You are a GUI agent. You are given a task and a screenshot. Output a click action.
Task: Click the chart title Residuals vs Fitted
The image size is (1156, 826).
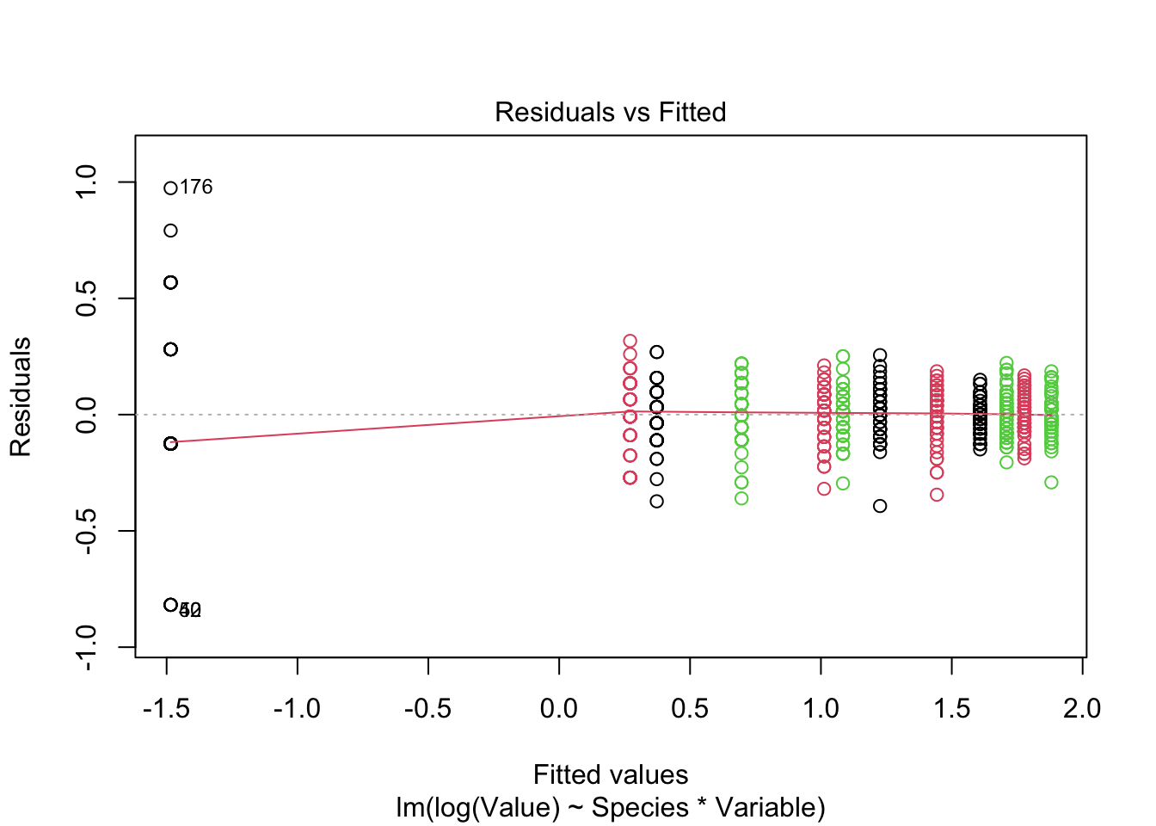610,112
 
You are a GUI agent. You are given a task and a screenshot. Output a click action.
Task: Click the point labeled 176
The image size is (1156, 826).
170,188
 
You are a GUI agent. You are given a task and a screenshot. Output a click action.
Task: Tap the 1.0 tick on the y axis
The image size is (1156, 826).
86,182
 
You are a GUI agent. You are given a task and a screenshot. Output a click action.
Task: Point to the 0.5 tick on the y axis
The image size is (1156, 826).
86,299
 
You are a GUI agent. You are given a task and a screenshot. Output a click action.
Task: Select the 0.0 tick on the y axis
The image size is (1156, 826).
86,415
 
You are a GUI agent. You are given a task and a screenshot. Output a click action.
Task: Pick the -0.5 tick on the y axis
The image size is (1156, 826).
86,531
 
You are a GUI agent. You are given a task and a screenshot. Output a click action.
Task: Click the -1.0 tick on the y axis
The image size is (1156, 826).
86,647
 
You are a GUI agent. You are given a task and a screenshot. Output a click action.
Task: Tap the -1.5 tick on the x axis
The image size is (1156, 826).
166,708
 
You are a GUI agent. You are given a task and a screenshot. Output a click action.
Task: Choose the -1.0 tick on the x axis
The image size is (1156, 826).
297,708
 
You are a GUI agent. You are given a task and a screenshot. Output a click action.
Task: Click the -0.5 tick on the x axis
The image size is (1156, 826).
427,708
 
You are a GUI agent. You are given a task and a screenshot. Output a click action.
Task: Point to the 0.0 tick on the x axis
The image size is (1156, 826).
559,708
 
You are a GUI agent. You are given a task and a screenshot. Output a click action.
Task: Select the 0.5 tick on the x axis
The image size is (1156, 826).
690,708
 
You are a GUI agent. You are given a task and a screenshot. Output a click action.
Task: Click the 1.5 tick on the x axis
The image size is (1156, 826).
951,708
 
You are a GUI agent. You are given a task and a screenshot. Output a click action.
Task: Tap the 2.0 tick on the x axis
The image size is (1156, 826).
1082,708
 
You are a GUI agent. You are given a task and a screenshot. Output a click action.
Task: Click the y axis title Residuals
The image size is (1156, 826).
21,397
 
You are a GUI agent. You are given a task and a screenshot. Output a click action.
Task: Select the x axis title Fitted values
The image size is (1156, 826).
610,774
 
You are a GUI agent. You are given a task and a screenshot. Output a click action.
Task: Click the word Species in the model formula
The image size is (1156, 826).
640,808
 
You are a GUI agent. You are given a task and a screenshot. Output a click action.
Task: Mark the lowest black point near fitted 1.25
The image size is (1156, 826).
880,506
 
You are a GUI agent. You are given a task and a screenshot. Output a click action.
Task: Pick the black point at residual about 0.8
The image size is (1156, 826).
170,231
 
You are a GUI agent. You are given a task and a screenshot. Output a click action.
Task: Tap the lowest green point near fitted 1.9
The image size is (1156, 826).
1051,483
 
